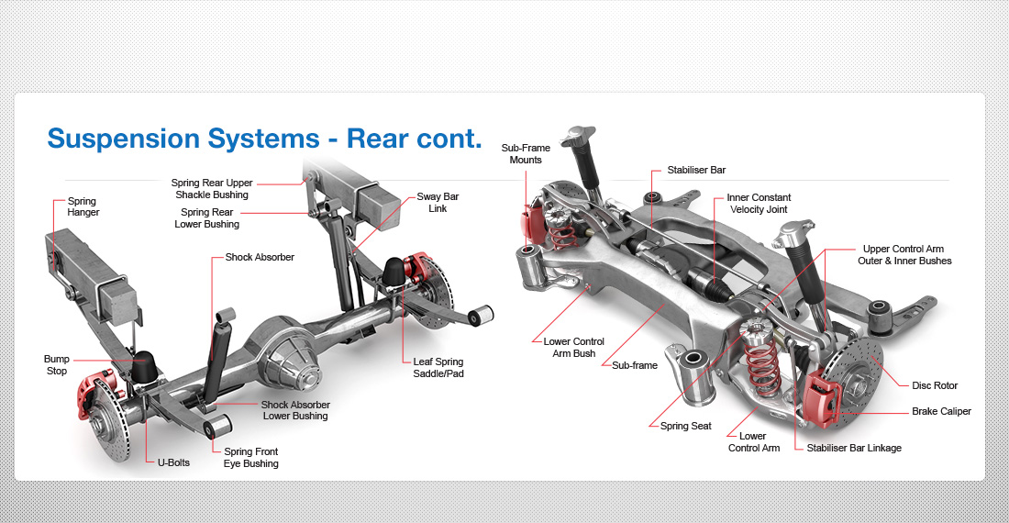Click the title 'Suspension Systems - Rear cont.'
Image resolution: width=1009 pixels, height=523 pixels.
[264, 139]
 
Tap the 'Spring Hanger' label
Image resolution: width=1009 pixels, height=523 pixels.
[83, 207]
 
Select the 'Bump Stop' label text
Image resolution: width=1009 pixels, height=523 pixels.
[56, 365]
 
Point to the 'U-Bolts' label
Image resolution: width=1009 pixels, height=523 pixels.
[172, 462]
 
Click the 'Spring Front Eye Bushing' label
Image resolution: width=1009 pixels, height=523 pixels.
[250, 458]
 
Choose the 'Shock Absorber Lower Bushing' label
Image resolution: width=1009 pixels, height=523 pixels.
[295, 410]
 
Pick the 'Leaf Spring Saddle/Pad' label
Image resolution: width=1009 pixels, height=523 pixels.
[438, 367]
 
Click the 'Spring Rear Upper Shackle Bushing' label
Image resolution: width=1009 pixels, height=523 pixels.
[211, 189]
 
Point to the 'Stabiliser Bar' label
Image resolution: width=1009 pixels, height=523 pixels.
[696, 171]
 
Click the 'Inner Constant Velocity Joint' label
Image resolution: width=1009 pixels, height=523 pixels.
[759, 204]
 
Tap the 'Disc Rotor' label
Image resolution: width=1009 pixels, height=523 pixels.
[934, 385]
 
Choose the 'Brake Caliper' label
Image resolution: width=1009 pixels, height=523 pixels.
[941, 412]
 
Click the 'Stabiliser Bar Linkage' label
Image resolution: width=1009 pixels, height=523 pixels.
[854, 448]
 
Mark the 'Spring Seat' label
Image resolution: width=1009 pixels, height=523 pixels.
[685, 427]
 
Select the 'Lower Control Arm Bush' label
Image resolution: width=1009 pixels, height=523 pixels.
[573, 348]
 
